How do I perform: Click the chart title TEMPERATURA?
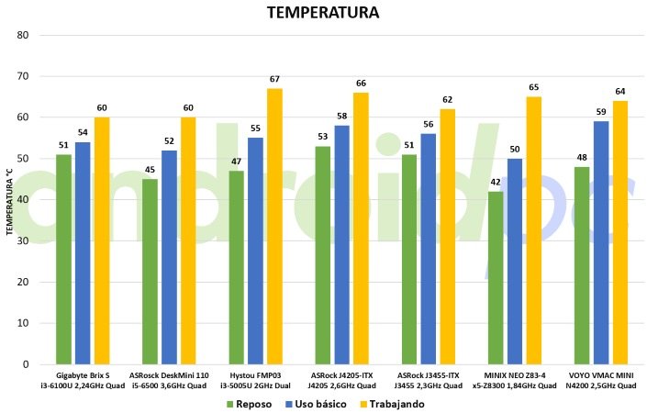point(323,13)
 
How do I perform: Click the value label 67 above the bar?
point(274,80)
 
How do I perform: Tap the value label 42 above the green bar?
point(496,183)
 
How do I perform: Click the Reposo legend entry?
point(251,403)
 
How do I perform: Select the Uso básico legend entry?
point(318,403)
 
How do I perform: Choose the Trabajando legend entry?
point(396,403)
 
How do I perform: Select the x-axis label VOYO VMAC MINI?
point(600,375)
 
